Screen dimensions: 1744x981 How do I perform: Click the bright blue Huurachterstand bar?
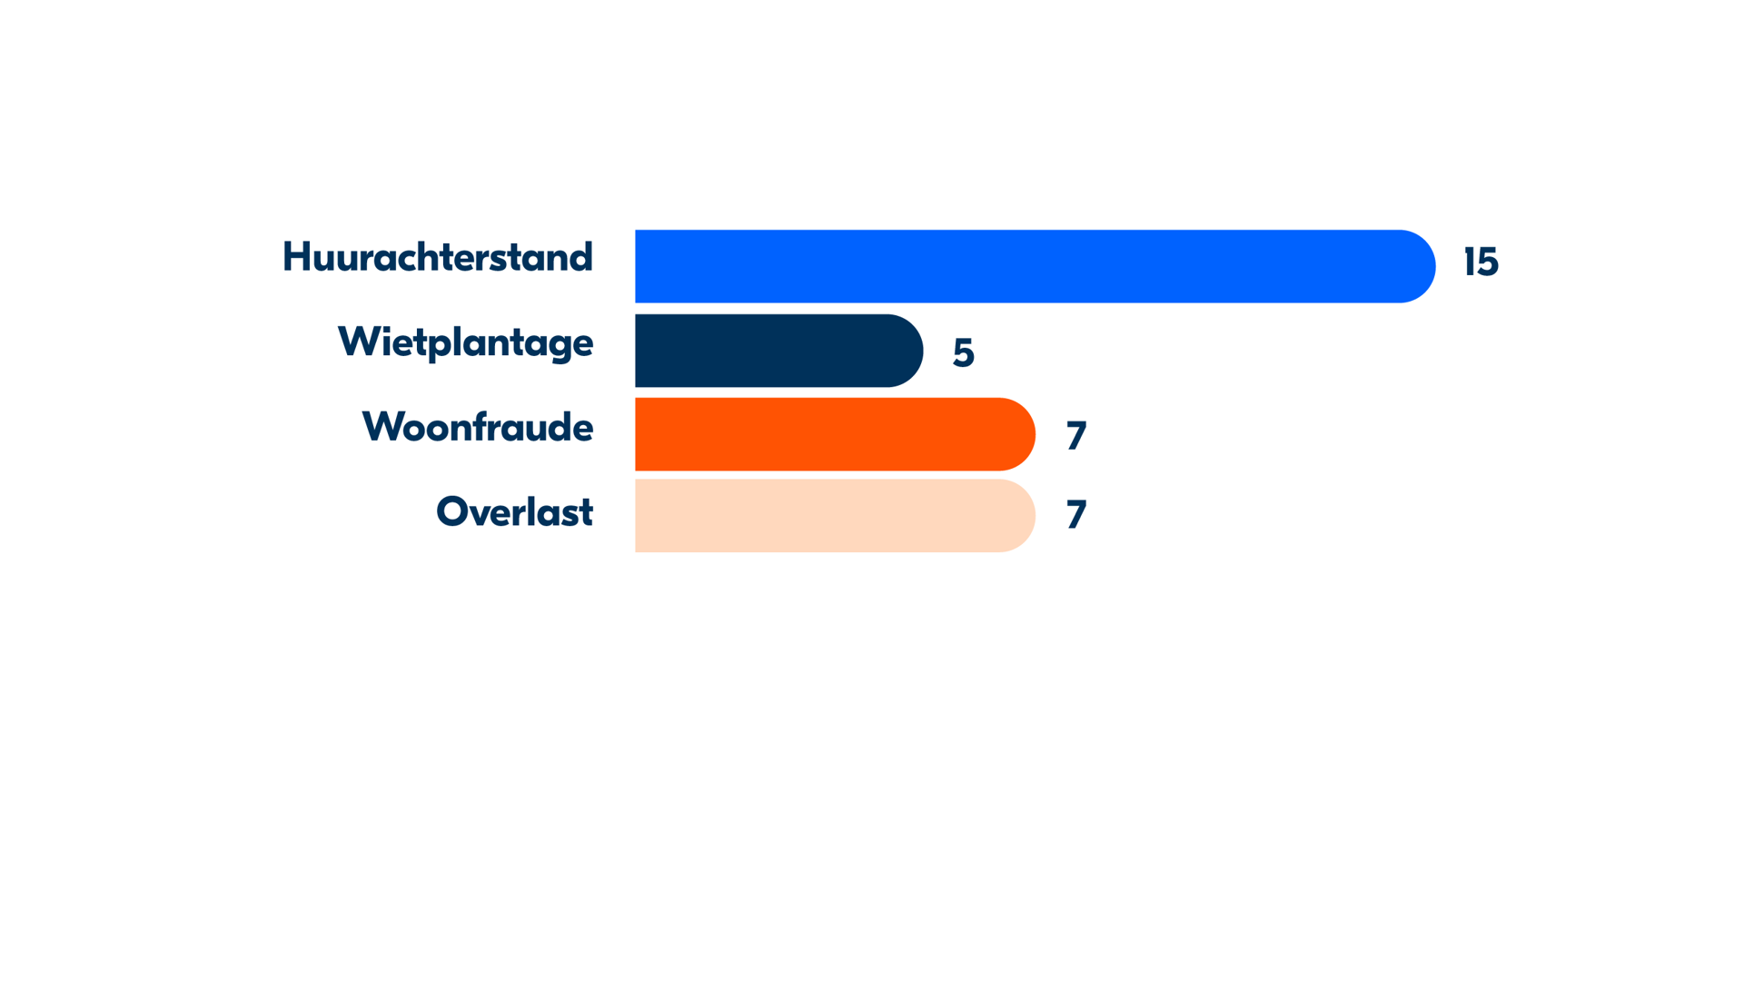[1035, 266]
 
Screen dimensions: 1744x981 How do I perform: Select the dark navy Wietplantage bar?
[778, 351]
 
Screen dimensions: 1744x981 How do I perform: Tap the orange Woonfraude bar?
[835, 434]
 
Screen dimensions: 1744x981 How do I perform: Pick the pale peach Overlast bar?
[835, 516]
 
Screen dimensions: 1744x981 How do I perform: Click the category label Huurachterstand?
[438, 257]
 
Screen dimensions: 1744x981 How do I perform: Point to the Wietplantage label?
[465, 343]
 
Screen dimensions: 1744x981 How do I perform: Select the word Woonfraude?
[478, 427]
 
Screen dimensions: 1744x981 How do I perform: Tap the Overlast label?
[514, 511]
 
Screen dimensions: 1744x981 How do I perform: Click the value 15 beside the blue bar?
[1481, 263]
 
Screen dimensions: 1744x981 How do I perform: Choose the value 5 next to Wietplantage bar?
[964, 352]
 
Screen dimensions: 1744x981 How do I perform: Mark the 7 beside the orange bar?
[1076, 436]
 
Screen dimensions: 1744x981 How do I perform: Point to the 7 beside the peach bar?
[1076, 515]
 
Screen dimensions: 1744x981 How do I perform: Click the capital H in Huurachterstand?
[296, 257]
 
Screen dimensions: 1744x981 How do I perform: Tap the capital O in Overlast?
[452, 511]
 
